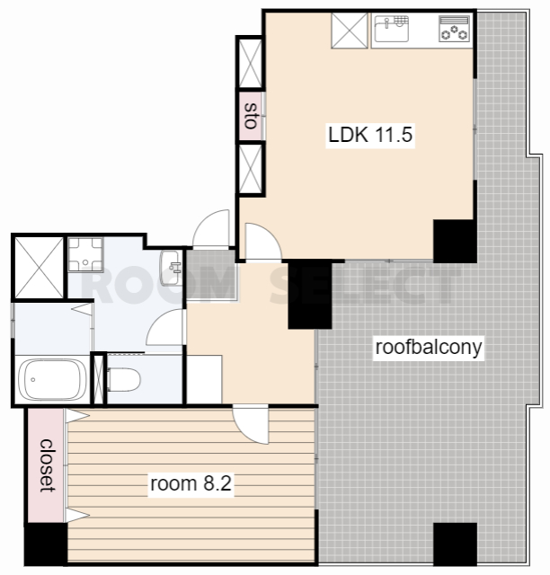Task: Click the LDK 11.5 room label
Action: [x=370, y=135]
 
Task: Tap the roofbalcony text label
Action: [x=428, y=348]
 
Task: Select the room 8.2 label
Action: [x=191, y=483]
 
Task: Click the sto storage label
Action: [x=252, y=116]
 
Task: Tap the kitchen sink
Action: [x=391, y=28]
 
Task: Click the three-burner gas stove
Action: [x=454, y=28]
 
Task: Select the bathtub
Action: [x=52, y=379]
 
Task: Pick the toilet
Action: [x=124, y=379]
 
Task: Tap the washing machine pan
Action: [x=85, y=255]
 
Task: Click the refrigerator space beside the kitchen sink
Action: [x=350, y=30]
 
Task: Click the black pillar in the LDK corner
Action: [x=455, y=241]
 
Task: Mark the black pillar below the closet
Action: [x=46, y=544]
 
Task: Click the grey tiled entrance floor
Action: [x=210, y=275]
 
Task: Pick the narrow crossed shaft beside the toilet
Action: [x=98, y=379]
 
